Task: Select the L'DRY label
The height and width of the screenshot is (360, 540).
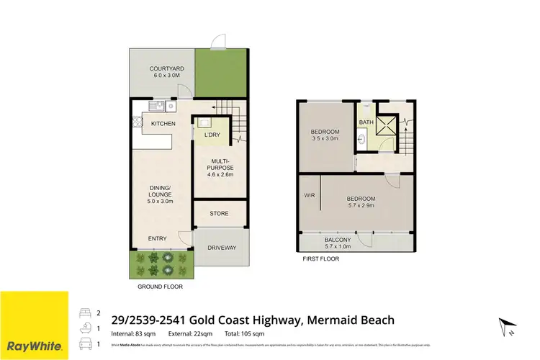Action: pyautogui.click(x=212, y=135)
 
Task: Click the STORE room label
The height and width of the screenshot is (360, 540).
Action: pyautogui.click(x=219, y=213)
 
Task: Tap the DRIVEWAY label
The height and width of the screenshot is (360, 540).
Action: pyautogui.click(x=222, y=247)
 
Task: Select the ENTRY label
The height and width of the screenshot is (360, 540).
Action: pyautogui.click(x=157, y=238)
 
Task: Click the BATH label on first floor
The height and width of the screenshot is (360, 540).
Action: pyautogui.click(x=366, y=122)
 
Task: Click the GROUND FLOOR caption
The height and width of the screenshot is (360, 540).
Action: pyautogui.click(x=160, y=287)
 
